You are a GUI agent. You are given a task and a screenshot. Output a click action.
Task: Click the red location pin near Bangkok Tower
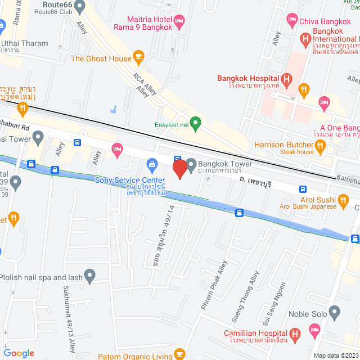(x=179, y=169)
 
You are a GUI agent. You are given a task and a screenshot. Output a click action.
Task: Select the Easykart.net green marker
(x=196, y=122)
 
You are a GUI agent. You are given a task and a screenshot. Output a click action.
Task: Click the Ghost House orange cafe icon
(x=138, y=57)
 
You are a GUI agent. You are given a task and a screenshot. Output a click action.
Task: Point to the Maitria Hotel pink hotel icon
(x=179, y=23)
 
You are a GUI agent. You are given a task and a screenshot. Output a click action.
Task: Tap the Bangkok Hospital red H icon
(x=286, y=79)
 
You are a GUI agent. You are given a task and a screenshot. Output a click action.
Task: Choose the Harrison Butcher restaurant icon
(x=321, y=147)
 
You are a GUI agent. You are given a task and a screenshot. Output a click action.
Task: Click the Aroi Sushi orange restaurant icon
(x=343, y=200)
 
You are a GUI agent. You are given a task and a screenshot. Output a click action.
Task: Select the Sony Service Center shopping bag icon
(x=151, y=164)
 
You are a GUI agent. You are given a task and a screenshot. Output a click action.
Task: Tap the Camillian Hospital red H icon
(x=296, y=334)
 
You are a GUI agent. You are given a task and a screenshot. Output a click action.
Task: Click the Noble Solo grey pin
(x=335, y=312)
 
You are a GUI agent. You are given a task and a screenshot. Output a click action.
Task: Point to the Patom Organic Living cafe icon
(x=180, y=353)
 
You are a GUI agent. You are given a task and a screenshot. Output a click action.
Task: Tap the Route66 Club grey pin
(x=79, y=7)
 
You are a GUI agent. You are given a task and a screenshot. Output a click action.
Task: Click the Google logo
(x=19, y=353)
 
